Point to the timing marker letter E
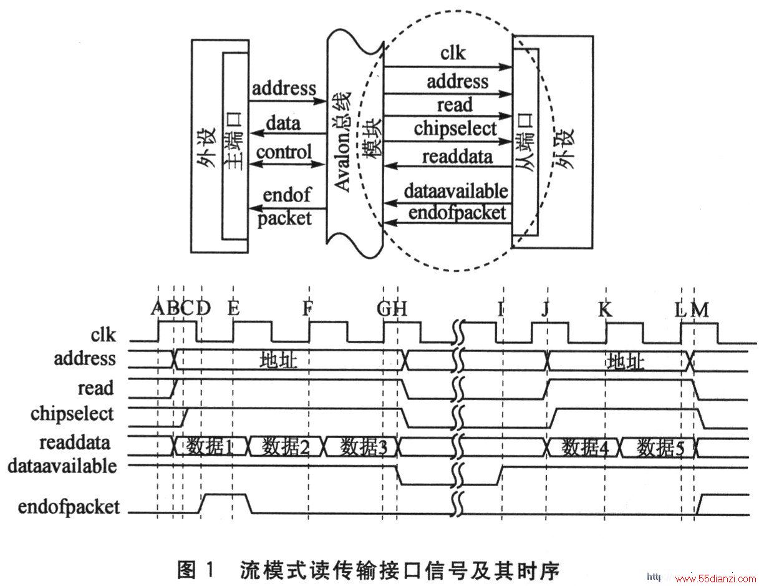(x=233, y=308)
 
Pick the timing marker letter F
(x=307, y=308)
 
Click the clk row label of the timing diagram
(x=103, y=335)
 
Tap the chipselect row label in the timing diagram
(x=72, y=414)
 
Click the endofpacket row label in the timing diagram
(x=69, y=507)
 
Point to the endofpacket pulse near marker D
(x=225, y=494)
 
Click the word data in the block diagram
(x=283, y=124)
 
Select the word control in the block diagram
(x=284, y=152)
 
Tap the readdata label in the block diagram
(x=458, y=157)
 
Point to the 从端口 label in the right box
(x=525, y=142)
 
